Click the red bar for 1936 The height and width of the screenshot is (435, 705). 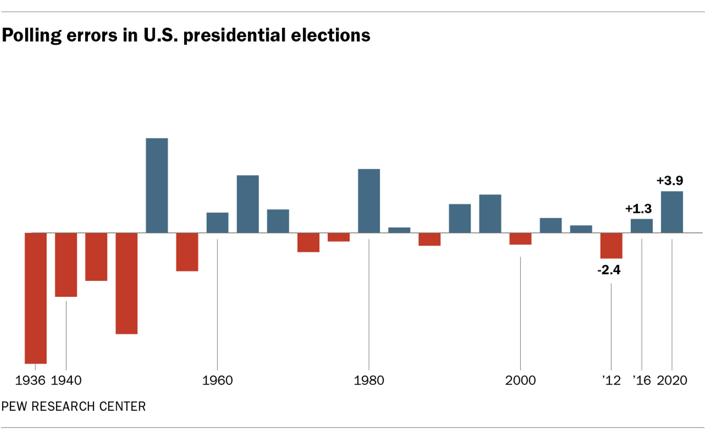pyautogui.click(x=36, y=298)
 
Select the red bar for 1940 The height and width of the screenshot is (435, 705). pyautogui.click(x=66, y=264)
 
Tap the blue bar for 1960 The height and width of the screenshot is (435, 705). pyautogui.click(x=217, y=223)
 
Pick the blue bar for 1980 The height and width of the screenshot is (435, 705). pyautogui.click(x=369, y=201)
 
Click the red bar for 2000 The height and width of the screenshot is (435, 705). pyautogui.click(x=520, y=239)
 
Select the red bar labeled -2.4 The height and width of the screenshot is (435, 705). pyautogui.click(x=611, y=245)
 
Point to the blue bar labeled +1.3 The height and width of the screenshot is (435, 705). pyautogui.click(x=642, y=226)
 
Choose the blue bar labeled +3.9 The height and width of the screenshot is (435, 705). pyautogui.click(x=672, y=212)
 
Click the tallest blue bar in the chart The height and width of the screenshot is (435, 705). pyautogui.click(x=157, y=186)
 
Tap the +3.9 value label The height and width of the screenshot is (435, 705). pyautogui.click(x=670, y=181)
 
